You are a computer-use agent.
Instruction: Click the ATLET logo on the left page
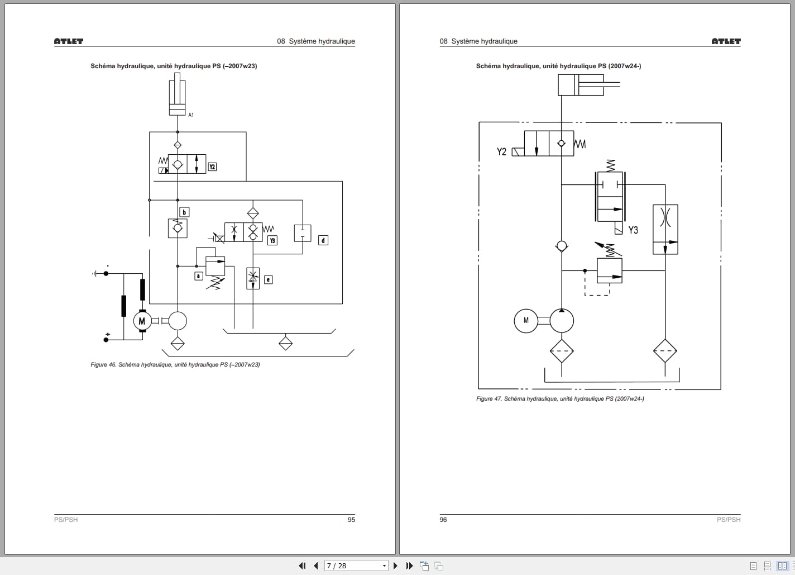pyautogui.click(x=68, y=41)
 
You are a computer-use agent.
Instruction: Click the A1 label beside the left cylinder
pyautogui.click(x=191, y=115)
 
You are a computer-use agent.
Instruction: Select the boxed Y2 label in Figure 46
pyautogui.click(x=212, y=167)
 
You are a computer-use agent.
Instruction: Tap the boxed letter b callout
pyautogui.click(x=184, y=212)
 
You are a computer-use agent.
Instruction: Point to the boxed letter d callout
pyautogui.click(x=323, y=240)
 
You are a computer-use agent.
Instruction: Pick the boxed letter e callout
pyautogui.click(x=269, y=279)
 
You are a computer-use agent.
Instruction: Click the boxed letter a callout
pyautogui.click(x=198, y=276)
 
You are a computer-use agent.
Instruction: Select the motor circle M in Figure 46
pyautogui.click(x=142, y=321)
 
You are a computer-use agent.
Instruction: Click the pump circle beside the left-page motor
pyautogui.click(x=178, y=321)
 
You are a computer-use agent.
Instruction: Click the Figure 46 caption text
pyautogui.click(x=175, y=365)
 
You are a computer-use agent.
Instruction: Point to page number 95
pyautogui.click(x=351, y=520)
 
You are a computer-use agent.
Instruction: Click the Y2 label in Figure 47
pyautogui.click(x=501, y=151)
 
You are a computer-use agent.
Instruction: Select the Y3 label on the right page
pyautogui.click(x=633, y=230)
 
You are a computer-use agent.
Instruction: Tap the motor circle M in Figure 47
pyautogui.click(x=526, y=321)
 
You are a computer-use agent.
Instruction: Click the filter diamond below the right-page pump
pyautogui.click(x=562, y=351)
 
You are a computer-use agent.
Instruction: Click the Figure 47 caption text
pyautogui.click(x=560, y=399)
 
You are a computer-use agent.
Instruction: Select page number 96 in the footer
pyautogui.click(x=443, y=520)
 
